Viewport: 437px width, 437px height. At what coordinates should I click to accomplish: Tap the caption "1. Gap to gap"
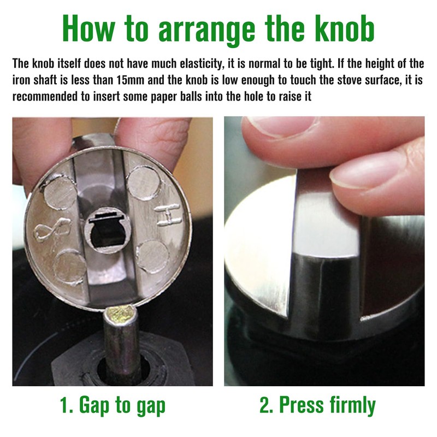click(x=113, y=405)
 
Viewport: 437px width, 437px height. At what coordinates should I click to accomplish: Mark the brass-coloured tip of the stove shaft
click(x=121, y=315)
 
